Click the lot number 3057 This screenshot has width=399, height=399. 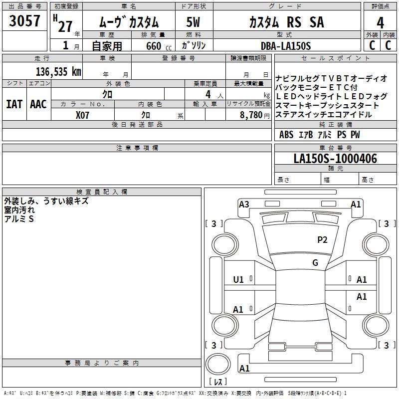pyautogui.click(x=25, y=21)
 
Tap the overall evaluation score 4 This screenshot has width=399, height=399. pyautogui.click(x=381, y=23)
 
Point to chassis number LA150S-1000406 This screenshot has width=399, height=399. pyautogui.click(x=335, y=159)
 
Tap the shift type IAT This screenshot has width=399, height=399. pyautogui.click(x=14, y=104)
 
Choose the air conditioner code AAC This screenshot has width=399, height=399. pyautogui.click(x=38, y=104)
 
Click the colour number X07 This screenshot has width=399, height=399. pyautogui.click(x=82, y=115)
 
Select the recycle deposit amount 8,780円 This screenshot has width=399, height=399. pyautogui.click(x=254, y=115)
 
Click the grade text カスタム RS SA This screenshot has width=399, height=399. pyautogui.click(x=286, y=22)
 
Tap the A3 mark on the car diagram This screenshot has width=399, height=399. pyautogui.click(x=244, y=204)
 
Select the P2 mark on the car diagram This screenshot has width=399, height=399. pyautogui.click(x=323, y=240)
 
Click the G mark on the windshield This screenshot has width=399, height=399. pyautogui.click(x=315, y=263)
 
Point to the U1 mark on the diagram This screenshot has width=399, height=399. pyautogui.click(x=238, y=280)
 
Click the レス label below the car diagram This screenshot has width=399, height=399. pyautogui.click(x=218, y=382)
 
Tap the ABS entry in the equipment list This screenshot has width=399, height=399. pyautogui.click(x=286, y=135)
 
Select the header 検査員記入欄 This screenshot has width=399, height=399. pyautogui.click(x=102, y=192)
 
